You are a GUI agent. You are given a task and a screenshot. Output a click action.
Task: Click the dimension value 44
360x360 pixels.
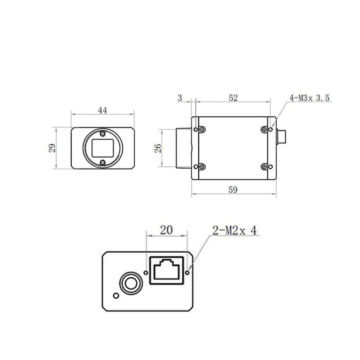(102, 111)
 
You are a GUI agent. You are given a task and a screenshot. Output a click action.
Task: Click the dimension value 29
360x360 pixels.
(53, 148)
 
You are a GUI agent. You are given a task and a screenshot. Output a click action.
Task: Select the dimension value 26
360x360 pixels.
(158, 148)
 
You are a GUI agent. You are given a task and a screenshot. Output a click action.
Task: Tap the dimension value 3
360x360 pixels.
(180, 98)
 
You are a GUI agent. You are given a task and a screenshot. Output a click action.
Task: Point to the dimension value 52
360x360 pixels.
(233, 98)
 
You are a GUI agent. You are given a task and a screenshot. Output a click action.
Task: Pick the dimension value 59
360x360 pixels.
(233, 190)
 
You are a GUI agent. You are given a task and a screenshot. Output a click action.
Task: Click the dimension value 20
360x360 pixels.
(166, 230)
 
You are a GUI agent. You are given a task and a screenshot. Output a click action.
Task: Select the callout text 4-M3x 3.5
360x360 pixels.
(309, 98)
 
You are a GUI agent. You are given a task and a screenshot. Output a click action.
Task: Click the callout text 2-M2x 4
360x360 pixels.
(234, 230)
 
